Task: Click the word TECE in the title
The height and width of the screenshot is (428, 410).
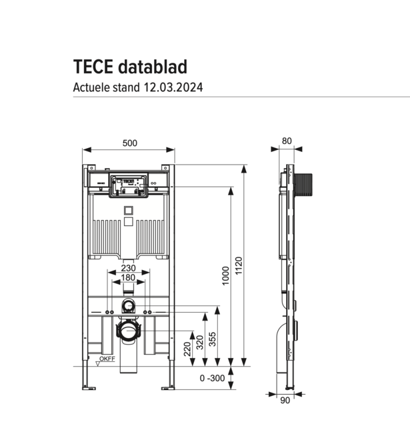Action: tap(93, 67)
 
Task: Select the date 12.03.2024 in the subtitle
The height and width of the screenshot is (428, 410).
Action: tap(173, 87)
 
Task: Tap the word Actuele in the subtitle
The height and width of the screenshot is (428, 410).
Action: tap(91, 87)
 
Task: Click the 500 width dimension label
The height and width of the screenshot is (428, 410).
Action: tap(130, 143)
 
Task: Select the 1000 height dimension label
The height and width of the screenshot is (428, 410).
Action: tap(226, 275)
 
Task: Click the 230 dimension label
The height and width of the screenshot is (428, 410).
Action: tap(129, 268)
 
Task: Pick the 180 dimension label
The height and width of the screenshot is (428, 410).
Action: tap(129, 278)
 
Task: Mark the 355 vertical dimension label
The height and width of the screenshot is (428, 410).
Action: tap(213, 339)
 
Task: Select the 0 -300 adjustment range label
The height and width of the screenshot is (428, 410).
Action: tap(212, 378)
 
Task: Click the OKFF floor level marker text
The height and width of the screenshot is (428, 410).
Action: tap(107, 360)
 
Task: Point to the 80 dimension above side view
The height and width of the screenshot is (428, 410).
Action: tap(287, 141)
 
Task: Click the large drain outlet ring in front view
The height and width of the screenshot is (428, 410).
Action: tap(129, 330)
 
